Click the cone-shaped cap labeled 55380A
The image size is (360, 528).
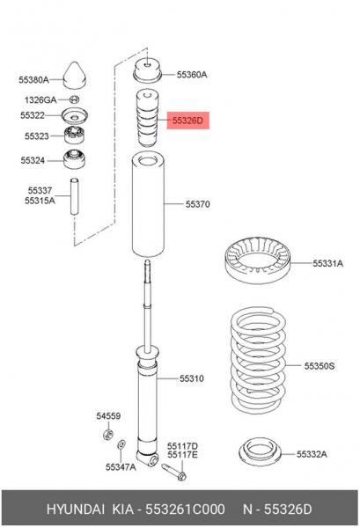[x=75, y=76]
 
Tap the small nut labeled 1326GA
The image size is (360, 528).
[x=75, y=99]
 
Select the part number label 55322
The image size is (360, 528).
[x=33, y=115]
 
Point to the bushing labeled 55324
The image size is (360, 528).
[x=74, y=159]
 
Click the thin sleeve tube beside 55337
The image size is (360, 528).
[x=75, y=196]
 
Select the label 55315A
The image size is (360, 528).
[x=40, y=201]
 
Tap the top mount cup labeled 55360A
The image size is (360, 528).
[x=148, y=71]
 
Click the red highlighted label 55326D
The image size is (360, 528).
[x=187, y=121]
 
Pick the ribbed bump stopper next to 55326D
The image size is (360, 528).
[x=146, y=118]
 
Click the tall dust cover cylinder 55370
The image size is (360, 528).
[x=148, y=205]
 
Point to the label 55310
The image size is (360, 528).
[x=191, y=378]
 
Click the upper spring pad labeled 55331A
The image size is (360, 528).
[x=257, y=260]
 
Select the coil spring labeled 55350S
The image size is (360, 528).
[x=258, y=360]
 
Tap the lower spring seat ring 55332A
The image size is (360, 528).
[x=260, y=453]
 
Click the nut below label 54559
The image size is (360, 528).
[x=107, y=434]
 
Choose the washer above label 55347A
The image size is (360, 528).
[x=121, y=444]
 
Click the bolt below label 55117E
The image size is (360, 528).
[x=173, y=472]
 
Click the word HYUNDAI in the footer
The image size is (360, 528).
[x=76, y=509]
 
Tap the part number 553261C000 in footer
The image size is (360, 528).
[x=185, y=509]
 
